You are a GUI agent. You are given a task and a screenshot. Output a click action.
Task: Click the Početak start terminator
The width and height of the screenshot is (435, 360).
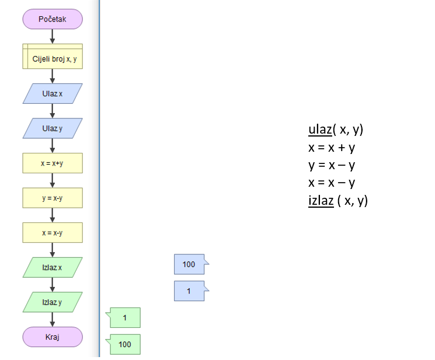tap(53, 19)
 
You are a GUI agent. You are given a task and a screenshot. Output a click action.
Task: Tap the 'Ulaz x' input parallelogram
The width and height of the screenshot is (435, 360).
tap(53, 93)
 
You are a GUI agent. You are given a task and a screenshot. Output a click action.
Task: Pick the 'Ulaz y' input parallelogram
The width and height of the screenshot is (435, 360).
tap(53, 128)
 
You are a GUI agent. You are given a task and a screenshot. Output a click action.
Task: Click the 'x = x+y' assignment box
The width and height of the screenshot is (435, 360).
tap(53, 163)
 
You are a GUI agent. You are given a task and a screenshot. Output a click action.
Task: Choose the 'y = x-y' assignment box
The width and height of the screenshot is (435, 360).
tap(53, 198)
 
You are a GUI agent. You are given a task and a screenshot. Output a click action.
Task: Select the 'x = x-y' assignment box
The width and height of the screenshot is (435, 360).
tap(53, 233)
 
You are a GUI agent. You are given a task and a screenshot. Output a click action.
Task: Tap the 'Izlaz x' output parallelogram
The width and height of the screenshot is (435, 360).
tap(53, 267)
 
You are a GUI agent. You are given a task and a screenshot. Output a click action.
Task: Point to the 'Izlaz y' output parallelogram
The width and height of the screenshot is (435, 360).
tap(53, 302)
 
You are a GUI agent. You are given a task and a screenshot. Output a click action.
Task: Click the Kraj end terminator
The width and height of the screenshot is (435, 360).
tap(53, 337)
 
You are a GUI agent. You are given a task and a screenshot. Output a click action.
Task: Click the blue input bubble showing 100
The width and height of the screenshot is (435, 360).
tap(189, 264)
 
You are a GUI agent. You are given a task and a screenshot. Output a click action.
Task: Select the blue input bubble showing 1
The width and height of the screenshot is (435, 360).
tap(189, 291)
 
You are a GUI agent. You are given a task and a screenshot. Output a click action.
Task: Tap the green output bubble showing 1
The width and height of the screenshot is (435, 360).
tap(125, 318)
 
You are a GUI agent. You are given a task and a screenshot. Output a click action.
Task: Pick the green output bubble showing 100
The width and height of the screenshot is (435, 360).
tap(125, 344)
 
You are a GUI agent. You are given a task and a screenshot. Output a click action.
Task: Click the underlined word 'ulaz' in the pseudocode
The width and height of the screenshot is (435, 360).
tap(320, 130)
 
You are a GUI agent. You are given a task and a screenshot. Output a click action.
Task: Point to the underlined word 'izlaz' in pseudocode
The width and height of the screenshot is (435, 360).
tap(321, 201)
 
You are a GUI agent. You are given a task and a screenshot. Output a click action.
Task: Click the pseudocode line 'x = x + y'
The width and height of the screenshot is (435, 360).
tap(332, 148)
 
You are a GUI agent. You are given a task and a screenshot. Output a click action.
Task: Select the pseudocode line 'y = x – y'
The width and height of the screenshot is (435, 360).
tap(332, 165)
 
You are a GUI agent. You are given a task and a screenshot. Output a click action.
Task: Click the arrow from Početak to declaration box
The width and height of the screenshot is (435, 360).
tap(53, 36)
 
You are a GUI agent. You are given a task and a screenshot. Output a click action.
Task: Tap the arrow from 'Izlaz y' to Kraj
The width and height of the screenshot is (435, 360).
tap(53, 319)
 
